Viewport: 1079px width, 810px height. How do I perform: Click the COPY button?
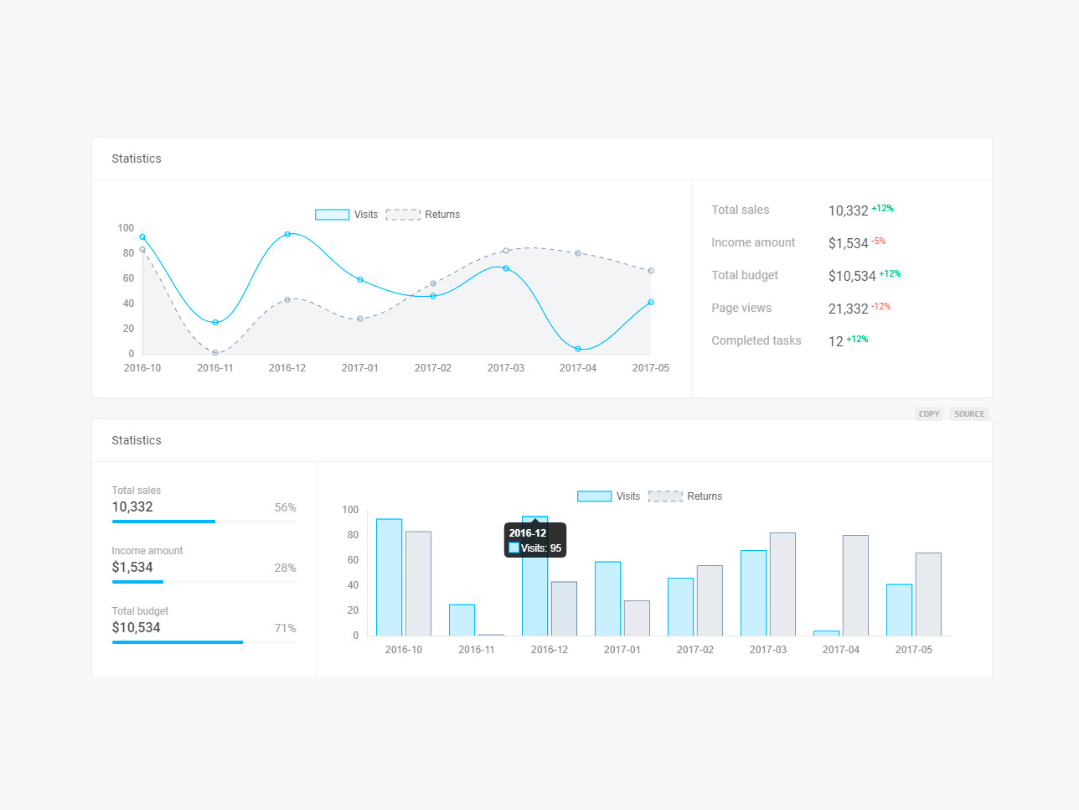(928, 414)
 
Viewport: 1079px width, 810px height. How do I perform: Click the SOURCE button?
(969, 414)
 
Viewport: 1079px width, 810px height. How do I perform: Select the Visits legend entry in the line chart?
(346, 215)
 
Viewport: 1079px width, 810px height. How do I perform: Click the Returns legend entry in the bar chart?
(684, 496)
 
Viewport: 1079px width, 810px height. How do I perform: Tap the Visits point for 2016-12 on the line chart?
(287, 235)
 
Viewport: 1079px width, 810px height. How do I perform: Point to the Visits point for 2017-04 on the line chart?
(578, 349)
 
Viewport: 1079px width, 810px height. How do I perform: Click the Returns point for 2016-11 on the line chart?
(215, 353)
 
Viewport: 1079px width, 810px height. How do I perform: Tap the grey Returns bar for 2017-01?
(637, 618)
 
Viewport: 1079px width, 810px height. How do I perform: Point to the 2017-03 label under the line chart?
(506, 368)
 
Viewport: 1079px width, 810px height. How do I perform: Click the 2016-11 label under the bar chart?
(477, 650)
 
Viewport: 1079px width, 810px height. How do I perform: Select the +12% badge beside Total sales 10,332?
(882, 209)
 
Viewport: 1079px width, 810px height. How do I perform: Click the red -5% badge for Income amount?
(878, 241)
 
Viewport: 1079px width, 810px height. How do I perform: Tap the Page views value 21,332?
(848, 309)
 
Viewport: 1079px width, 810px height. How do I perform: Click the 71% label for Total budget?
(285, 628)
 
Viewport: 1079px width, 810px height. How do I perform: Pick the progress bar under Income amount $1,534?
(204, 582)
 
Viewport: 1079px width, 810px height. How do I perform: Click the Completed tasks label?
(756, 340)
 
